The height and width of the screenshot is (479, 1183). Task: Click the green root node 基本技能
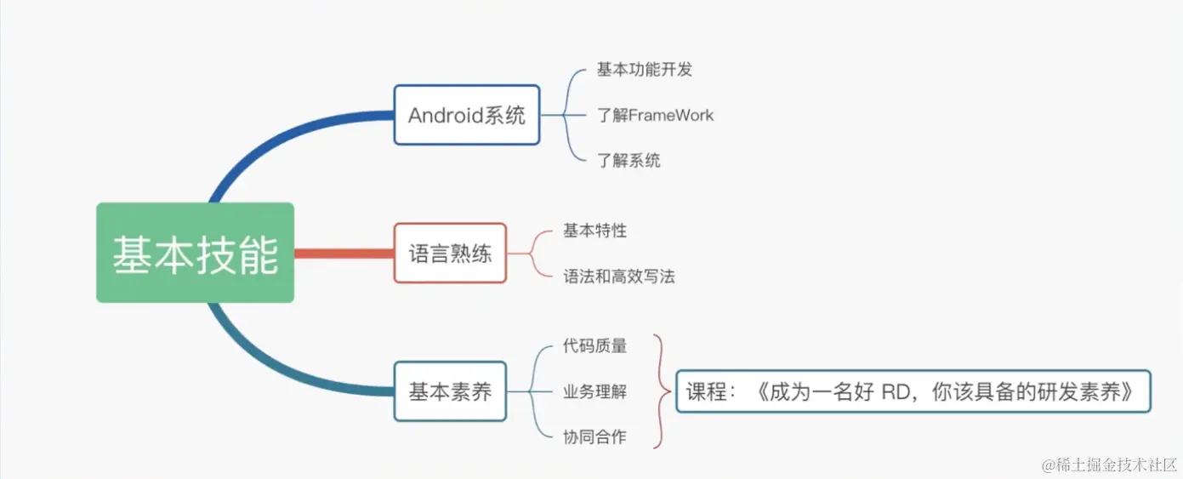(x=195, y=253)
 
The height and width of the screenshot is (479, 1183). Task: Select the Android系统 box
(x=466, y=115)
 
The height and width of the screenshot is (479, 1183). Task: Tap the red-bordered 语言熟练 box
(x=450, y=253)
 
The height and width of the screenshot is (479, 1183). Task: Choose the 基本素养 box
(x=450, y=391)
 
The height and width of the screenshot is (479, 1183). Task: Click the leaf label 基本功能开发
(x=644, y=70)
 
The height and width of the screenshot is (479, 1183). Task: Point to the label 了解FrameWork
(x=655, y=115)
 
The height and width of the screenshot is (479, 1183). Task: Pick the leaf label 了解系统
(x=628, y=160)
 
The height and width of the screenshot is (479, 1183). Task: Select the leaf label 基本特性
(x=594, y=231)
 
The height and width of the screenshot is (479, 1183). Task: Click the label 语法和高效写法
(x=618, y=277)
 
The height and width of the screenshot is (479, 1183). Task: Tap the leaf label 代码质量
(x=594, y=345)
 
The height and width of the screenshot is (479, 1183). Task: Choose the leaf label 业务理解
(x=594, y=391)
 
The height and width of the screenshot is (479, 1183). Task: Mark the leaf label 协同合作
(x=594, y=437)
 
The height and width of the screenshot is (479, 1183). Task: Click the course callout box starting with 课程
(x=913, y=391)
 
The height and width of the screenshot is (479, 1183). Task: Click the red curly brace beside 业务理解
(x=660, y=391)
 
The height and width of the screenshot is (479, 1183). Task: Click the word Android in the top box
(x=444, y=115)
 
